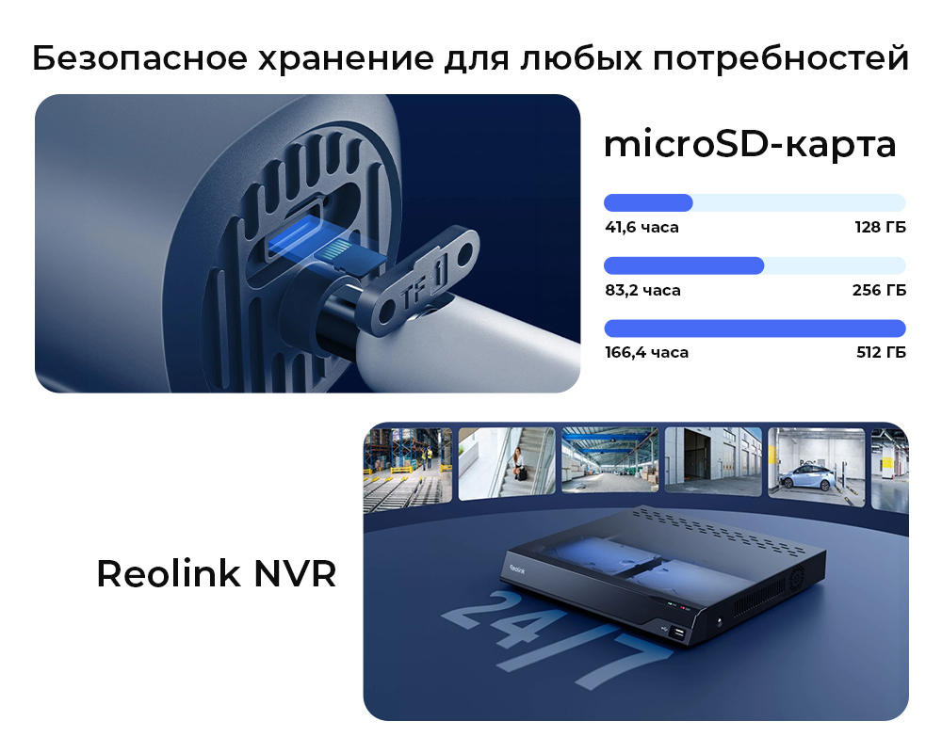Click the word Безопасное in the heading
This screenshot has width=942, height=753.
pos(139,59)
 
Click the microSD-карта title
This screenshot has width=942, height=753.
pos(750,145)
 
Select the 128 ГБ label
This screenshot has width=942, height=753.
pos(880,227)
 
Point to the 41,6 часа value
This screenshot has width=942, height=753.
pos(642,227)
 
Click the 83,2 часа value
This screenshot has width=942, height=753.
pos(642,290)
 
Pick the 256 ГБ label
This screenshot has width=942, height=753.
pos(879,290)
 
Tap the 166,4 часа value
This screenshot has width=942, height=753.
pos(646,352)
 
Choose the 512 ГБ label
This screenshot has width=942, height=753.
pos(881,352)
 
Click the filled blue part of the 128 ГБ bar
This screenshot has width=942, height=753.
pos(648,203)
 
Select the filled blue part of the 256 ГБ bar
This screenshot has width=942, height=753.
pos(684,265)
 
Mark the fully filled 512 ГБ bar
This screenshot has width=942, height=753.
pos(755,328)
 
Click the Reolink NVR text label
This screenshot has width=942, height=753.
pos(217,573)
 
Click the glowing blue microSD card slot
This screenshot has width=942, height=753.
pos(294,239)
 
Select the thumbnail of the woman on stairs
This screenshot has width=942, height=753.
pos(507,463)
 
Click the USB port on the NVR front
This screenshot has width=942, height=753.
pos(678,633)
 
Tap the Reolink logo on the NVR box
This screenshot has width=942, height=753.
pos(517,569)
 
